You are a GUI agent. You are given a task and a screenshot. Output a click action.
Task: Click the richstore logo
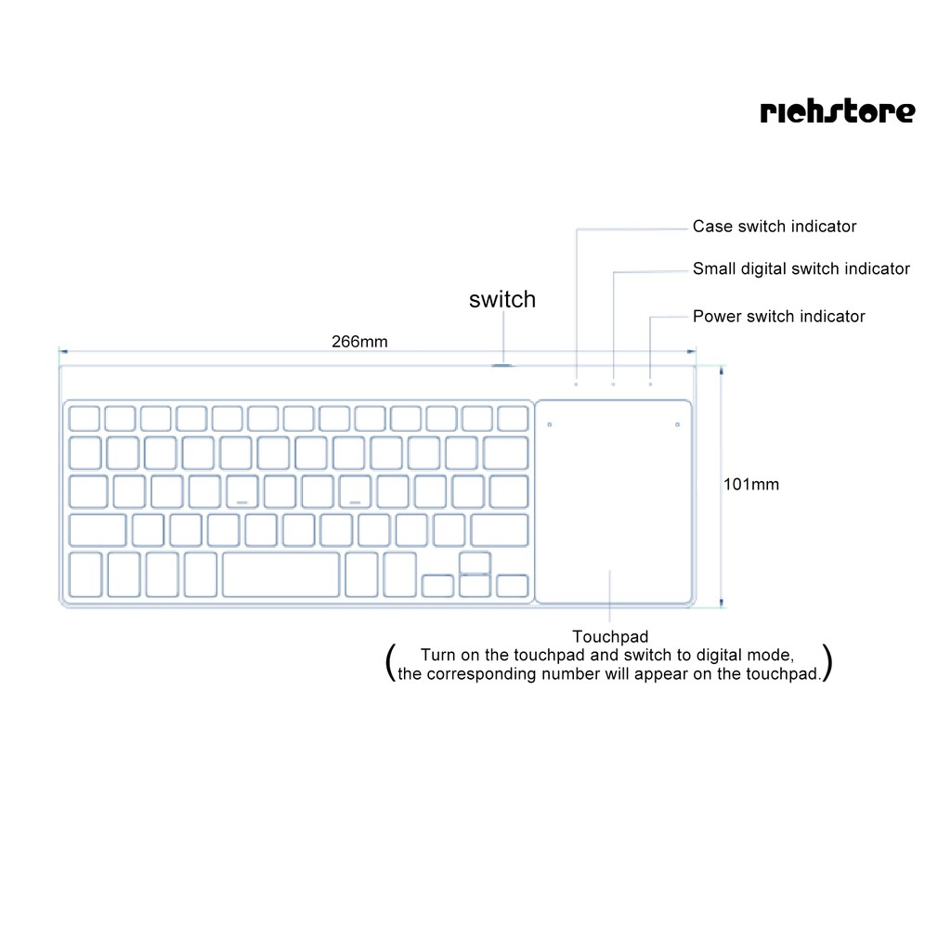coord(837,111)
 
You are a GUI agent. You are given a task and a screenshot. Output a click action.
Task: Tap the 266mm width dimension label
coord(359,342)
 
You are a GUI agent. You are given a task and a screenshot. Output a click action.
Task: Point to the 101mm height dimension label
coord(751,484)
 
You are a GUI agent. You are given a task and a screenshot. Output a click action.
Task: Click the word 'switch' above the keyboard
coord(502,299)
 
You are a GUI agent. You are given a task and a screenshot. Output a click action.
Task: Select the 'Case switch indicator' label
coord(775,227)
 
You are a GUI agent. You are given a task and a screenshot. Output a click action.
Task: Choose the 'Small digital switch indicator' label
coord(801,269)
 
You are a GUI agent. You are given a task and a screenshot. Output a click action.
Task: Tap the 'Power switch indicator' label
coord(778,317)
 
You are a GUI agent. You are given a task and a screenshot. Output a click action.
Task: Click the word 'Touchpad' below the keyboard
coord(610,637)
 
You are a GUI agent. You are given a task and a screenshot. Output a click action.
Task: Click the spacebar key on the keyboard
coord(280,574)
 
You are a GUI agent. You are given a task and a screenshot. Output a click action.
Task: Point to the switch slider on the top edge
coord(502,365)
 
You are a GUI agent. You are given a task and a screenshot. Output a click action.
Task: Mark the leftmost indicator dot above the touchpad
coord(576,384)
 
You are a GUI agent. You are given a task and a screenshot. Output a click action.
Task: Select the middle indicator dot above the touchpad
coord(613,384)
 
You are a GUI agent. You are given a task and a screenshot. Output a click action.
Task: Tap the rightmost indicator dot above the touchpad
coord(650,384)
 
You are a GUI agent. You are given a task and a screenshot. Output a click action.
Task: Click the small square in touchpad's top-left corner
coord(550,425)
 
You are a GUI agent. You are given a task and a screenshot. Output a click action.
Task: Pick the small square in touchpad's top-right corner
coord(677,425)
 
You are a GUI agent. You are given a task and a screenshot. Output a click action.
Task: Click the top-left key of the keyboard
coord(85,418)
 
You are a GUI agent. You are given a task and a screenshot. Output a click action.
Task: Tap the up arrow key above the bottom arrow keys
coord(474,562)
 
